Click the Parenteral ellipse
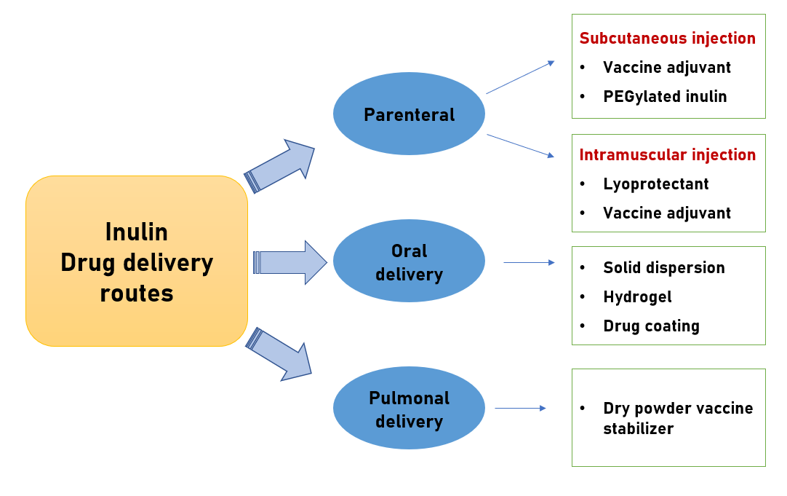(409, 114)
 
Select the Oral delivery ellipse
(409, 261)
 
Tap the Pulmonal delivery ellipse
(409, 408)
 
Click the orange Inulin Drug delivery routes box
(137, 261)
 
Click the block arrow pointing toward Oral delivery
(291, 262)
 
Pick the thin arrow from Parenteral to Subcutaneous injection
(520, 77)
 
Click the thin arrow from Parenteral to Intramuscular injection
(520, 146)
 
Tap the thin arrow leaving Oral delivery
(529, 262)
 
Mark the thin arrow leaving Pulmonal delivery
(520, 408)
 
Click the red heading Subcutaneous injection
(667, 39)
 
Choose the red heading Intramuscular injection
(667, 155)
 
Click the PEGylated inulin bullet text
(665, 96)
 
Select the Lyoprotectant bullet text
(655, 184)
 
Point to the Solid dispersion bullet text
(664, 268)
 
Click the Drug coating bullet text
(651, 326)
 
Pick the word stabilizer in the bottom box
(638, 428)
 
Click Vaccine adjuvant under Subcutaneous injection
(667, 68)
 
